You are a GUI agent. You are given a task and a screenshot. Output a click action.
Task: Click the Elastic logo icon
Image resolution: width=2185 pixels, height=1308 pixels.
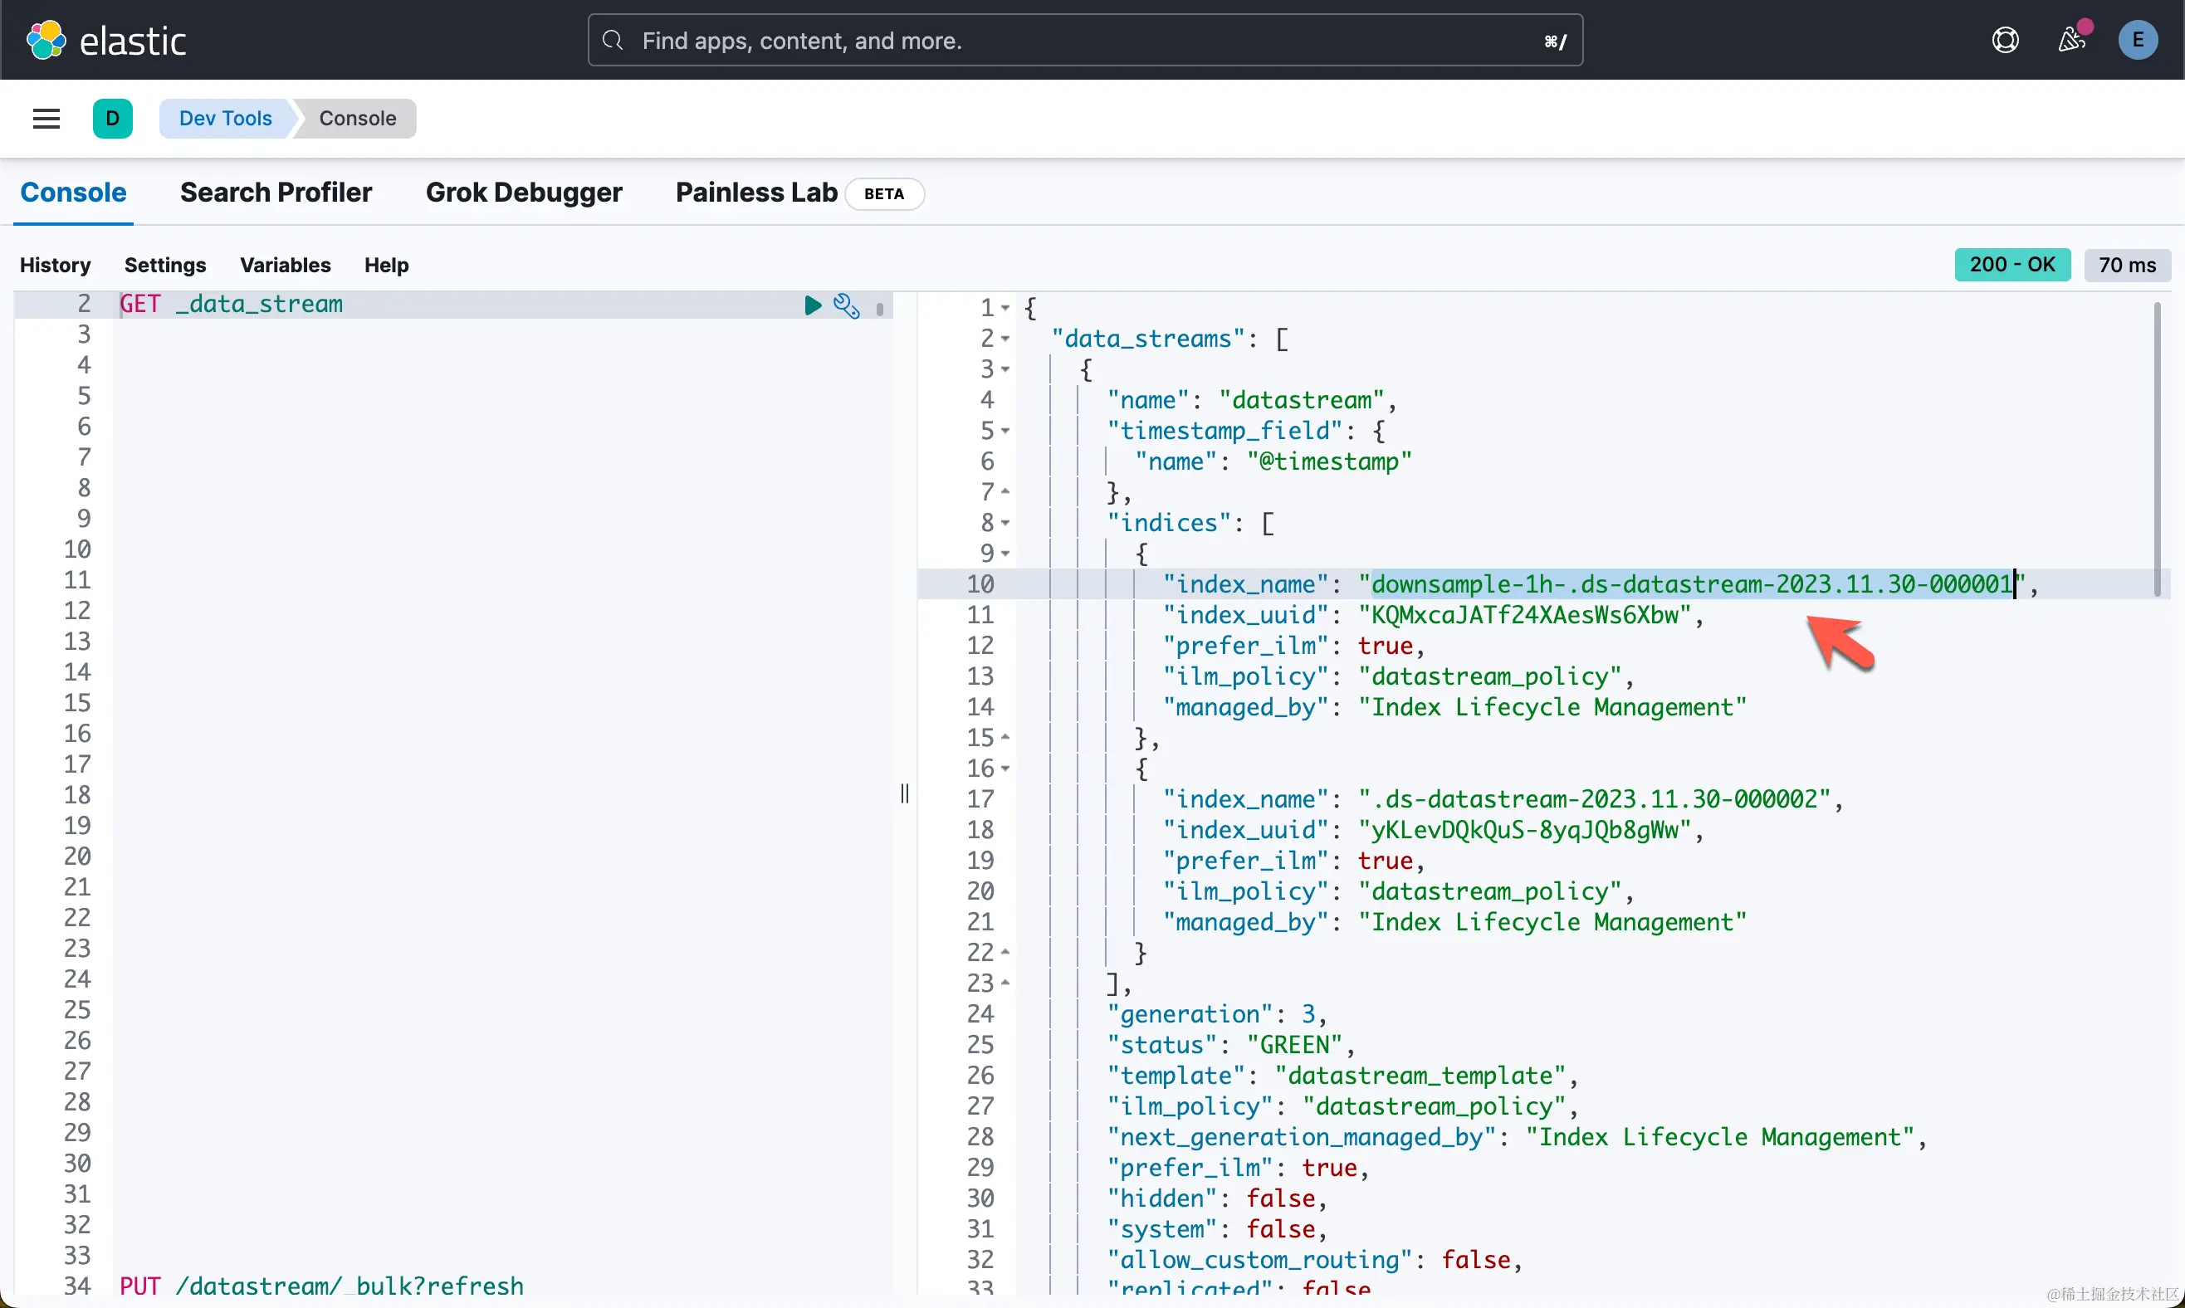[x=46, y=41]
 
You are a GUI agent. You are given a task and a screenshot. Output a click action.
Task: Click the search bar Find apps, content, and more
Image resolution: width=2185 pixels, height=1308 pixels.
[x=1084, y=41]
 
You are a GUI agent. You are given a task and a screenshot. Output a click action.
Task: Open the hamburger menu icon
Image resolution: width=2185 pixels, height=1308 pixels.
[x=46, y=119]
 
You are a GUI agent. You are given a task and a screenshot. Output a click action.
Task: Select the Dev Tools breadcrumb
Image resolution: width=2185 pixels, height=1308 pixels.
[x=225, y=119]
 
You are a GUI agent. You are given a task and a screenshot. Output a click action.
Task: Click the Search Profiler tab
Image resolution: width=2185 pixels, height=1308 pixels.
[x=276, y=193]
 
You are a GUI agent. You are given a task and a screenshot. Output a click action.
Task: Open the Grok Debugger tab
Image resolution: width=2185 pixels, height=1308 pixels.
[x=524, y=193]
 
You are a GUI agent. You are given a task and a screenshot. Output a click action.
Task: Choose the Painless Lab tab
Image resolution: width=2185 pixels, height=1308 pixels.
[x=755, y=193]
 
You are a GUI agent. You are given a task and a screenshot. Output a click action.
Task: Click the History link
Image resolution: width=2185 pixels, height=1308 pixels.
[x=55, y=266]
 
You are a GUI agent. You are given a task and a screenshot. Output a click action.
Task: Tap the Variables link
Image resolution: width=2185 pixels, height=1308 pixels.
[x=285, y=266]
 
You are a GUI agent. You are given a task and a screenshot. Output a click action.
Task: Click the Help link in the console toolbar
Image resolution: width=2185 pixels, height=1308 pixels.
[x=386, y=266]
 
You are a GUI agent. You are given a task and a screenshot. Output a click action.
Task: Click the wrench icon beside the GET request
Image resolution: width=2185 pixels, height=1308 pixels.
[x=846, y=306]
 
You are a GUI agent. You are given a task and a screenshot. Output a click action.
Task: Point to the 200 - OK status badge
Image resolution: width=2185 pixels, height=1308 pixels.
[x=2011, y=265]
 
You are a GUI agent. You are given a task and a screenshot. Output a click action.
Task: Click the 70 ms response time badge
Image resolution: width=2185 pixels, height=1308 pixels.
[x=2126, y=266]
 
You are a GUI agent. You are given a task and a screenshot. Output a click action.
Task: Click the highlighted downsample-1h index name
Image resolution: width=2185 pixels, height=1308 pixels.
[x=1692, y=584]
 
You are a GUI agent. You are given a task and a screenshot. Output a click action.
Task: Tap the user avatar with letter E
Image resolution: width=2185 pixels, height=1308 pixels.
[x=2137, y=41]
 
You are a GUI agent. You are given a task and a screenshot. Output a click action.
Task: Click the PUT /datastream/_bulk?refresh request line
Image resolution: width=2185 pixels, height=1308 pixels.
[x=322, y=1286]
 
